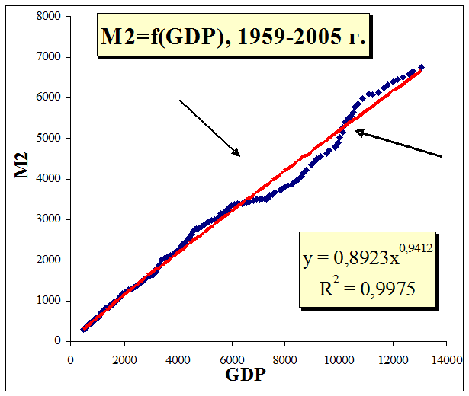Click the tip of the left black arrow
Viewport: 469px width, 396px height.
(x=240, y=156)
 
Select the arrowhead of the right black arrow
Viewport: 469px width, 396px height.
(x=355, y=132)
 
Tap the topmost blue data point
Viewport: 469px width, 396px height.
(x=422, y=67)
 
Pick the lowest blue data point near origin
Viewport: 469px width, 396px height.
(x=83, y=330)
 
